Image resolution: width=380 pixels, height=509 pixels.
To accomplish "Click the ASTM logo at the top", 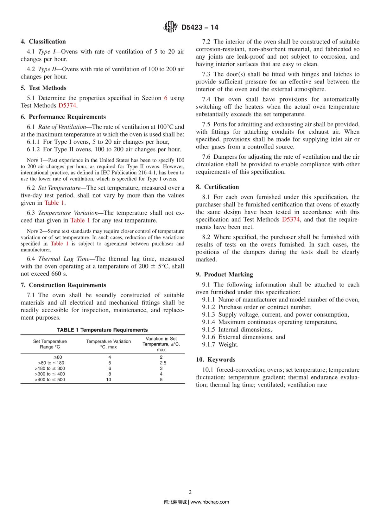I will (170, 27).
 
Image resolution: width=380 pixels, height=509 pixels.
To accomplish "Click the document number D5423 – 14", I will (199, 28).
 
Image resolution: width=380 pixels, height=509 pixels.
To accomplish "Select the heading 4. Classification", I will (43, 42).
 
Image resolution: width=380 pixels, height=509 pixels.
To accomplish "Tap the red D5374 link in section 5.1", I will (67, 105).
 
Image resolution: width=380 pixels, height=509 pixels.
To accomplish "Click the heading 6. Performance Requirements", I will (63, 117).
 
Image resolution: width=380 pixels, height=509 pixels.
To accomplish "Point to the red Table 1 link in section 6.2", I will (54, 203).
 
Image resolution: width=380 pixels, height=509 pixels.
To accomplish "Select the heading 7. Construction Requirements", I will (64, 285).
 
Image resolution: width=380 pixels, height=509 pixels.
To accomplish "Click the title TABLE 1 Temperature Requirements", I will (102, 330).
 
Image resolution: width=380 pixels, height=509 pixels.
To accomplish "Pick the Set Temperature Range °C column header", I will (50, 344).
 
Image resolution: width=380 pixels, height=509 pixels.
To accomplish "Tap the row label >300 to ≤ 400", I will (50, 374).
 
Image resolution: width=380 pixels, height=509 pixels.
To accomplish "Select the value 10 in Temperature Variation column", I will (109, 380).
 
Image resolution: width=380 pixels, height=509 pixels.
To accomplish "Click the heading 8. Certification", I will (218, 187).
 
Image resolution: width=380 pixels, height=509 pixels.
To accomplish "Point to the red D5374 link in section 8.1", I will (290, 219).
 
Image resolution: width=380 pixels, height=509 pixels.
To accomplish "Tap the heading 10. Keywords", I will (216, 360).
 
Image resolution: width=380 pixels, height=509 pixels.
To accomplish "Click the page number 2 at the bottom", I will (190, 492).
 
